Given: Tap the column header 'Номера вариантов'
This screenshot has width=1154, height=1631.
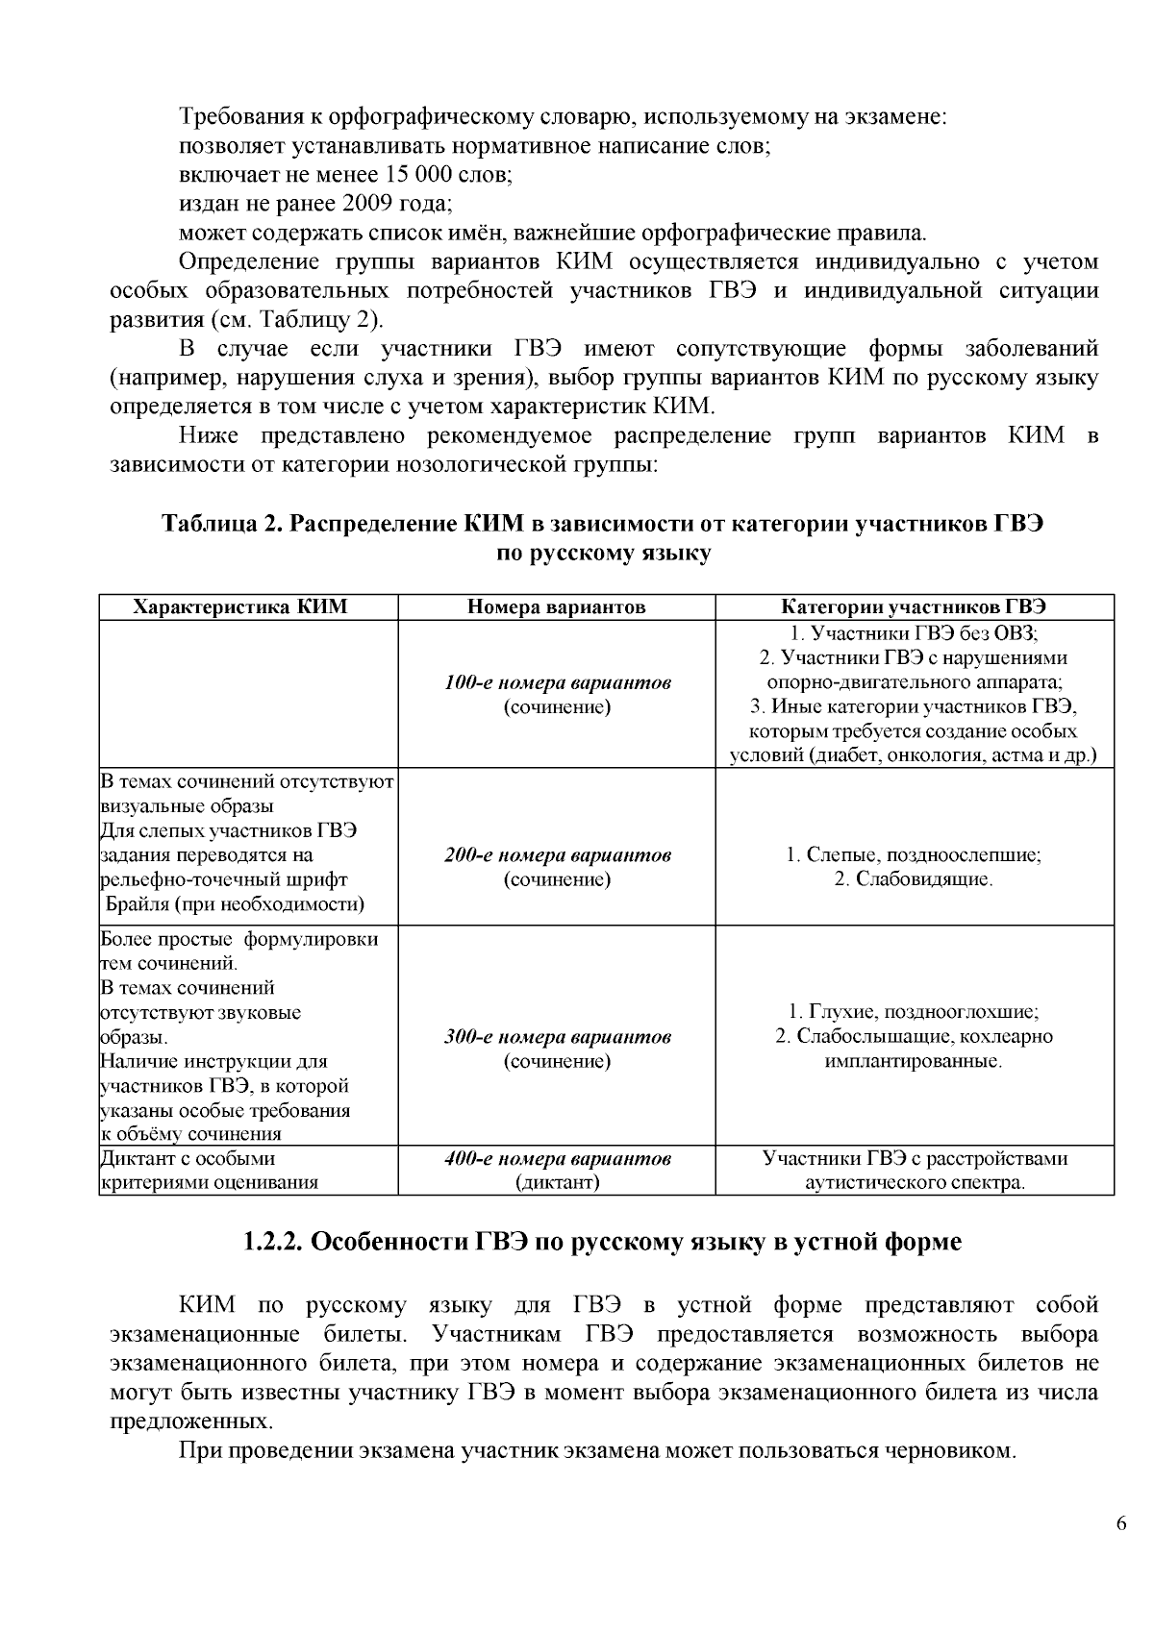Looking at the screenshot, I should click(x=557, y=606).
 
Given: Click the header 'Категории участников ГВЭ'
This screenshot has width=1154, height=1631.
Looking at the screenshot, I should click(x=914, y=606).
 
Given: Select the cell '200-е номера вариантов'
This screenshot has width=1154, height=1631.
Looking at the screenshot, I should click(x=557, y=855).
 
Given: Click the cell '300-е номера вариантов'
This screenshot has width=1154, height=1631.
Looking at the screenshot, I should click(x=557, y=1038).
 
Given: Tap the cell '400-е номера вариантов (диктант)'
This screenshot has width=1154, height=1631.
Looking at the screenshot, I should click(x=557, y=1171).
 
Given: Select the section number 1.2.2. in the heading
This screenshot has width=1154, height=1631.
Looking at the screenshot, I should click(x=273, y=1242).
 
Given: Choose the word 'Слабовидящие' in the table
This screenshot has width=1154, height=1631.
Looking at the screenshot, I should click(x=914, y=879).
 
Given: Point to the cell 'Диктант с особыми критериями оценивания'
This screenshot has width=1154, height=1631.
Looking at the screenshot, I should click(x=211, y=1171).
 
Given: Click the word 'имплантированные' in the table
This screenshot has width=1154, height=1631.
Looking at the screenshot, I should click(x=914, y=1062).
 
